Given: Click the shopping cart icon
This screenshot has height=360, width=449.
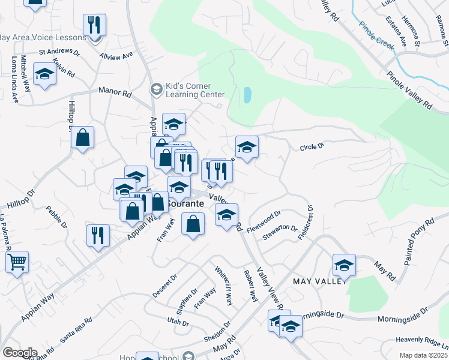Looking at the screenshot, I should [x=17, y=262].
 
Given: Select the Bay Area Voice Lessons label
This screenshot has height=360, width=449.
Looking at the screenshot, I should [x=43, y=37].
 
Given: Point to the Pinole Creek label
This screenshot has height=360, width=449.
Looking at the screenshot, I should [x=376, y=34].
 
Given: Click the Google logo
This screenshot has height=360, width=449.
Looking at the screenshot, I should [x=20, y=352].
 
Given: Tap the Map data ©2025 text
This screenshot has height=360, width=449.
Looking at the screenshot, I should [x=423, y=355].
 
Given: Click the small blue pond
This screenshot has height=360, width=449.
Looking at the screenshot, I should [x=248, y=95].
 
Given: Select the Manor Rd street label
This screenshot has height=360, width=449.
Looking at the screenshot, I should [x=115, y=93].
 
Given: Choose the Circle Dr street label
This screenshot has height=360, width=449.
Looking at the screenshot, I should [x=312, y=146].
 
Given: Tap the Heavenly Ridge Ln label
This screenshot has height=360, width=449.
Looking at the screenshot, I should [x=423, y=341].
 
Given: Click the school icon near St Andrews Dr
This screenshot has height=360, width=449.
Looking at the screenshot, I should [x=44, y=74].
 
